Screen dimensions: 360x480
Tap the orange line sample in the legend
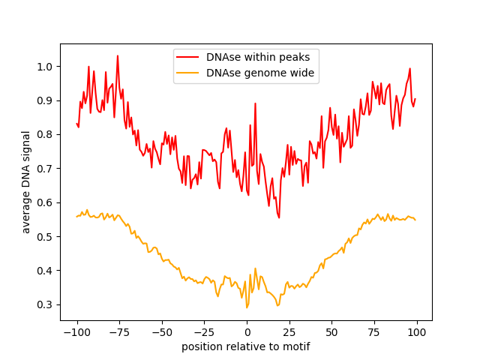(x=188, y=73)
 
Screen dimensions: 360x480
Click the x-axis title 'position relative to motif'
(x=246, y=346)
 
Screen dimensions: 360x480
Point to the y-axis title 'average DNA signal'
(x=26, y=182)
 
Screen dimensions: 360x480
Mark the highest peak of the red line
(x=118, y=55)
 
